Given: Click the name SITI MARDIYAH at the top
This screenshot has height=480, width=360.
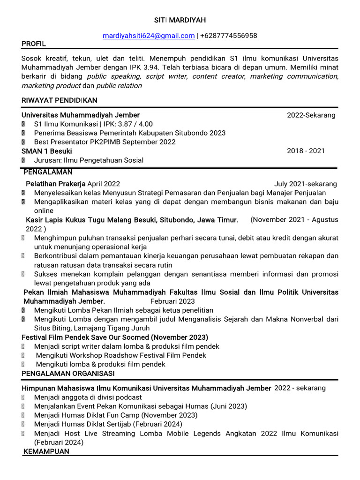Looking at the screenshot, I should (180, 20).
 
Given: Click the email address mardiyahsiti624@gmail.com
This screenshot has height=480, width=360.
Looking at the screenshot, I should (149, 36).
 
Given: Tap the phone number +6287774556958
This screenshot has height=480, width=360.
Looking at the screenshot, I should (228, 36).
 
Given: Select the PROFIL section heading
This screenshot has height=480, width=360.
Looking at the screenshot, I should (34, 44).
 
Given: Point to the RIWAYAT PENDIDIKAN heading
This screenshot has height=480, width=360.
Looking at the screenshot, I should (59, 100).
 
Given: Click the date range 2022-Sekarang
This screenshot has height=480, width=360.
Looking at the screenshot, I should (311, 115).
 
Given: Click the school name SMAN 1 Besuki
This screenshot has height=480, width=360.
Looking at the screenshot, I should (47, 151).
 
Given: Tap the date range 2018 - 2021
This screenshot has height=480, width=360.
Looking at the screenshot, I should (306, 151).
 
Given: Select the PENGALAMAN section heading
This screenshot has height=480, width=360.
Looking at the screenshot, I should (48, 172).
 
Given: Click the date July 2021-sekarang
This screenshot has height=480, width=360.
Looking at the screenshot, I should (305, 184).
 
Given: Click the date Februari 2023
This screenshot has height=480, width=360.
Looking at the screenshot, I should (172, 301).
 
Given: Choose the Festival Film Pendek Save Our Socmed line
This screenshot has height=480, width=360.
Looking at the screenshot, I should (115, 337).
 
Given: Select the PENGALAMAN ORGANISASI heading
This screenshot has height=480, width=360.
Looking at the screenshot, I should (68, 373).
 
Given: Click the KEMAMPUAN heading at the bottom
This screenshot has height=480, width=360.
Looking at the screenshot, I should (46, 451).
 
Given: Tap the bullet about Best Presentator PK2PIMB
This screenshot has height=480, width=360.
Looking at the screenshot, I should (105, 142).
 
